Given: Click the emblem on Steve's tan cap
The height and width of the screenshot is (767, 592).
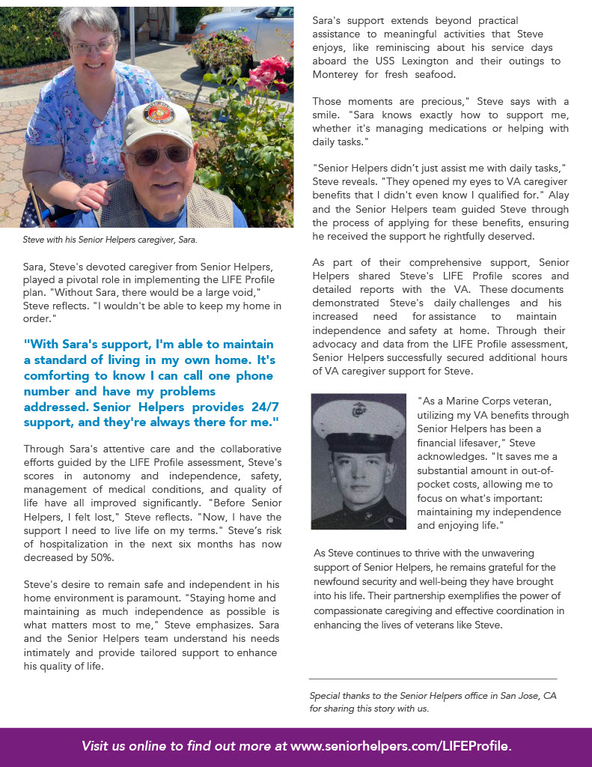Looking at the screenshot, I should click(x=158, y=113).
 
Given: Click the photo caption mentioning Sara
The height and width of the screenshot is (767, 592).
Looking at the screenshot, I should click(x=109, y=240).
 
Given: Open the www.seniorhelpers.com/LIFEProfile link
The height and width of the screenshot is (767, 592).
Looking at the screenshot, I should click(x=400, y=746).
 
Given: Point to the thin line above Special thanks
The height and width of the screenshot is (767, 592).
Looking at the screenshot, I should click(x=433, y=679).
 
